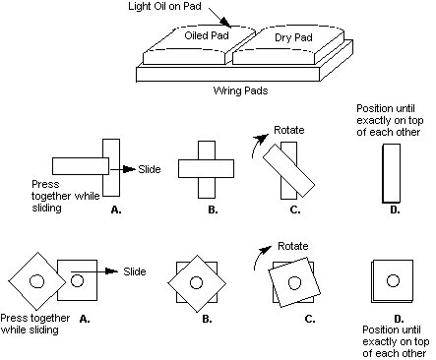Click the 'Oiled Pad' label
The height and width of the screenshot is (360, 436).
(207, 35)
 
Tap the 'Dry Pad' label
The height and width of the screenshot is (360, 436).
(293, 37)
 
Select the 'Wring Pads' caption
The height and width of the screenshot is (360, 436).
(240, 90)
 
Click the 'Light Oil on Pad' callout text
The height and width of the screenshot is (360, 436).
(164, 6)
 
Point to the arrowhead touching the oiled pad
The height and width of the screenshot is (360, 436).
(225, 23)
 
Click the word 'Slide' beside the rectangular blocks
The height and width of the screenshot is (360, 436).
(150, 169)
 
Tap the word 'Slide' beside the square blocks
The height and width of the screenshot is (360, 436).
(135, 271)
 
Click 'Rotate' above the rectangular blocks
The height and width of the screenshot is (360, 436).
(289, 130)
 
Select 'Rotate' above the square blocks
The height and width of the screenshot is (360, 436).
(293, 246)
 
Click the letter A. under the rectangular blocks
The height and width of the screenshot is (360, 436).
(116, 210)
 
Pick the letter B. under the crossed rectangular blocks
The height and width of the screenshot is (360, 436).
(213, 210)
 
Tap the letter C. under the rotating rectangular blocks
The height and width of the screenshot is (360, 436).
(295, 210)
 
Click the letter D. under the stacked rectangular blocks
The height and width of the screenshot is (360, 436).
(395, 210)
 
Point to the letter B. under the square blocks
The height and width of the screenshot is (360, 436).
(207, 319)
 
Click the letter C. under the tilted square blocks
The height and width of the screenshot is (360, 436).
(310, 319)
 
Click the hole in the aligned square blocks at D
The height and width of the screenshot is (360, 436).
(393, 280)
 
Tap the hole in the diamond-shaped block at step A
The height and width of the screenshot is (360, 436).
(36, 281)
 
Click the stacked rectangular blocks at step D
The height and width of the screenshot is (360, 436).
(392, 173)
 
